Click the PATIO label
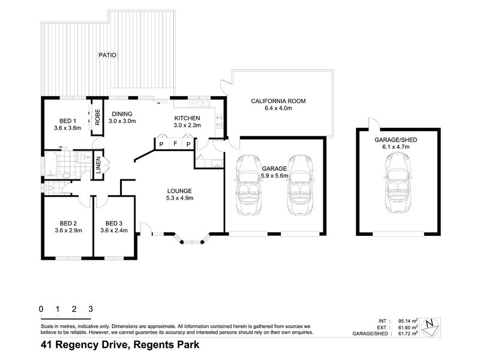point(108,55)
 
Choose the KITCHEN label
point(187,118)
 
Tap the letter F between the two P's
point(175,144)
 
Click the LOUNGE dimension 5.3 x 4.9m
point(179,198)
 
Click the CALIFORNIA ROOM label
point(278,101)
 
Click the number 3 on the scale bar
point(90,308)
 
